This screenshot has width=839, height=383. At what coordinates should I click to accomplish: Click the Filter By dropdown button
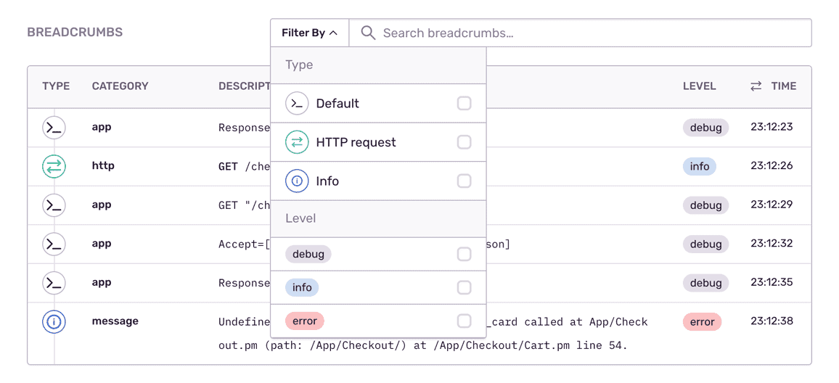point(310,33)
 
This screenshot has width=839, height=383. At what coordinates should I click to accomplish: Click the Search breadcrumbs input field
point(581,33)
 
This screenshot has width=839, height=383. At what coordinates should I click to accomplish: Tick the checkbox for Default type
point(464,103)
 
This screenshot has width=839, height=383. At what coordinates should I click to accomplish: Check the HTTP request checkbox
point(464,142)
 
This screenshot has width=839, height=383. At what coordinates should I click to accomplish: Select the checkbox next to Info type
point(464,181)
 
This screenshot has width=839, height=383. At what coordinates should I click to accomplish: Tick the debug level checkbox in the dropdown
point(464,254)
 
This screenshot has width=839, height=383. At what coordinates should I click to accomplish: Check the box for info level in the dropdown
point(464,288)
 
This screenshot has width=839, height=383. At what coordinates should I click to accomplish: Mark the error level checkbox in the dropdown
point(464,321)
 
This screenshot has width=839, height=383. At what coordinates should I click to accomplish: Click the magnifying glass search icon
point(368,33)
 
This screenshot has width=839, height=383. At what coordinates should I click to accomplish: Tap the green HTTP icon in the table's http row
point(54,167)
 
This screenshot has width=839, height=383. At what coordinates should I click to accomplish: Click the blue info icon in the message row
point(54,322)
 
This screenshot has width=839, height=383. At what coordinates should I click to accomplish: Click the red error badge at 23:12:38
point(702,322)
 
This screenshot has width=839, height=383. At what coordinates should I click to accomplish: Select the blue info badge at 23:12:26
point(700,167)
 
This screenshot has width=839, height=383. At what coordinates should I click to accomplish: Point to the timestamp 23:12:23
point(772,128)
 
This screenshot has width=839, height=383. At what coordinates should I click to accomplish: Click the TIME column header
point(783,86)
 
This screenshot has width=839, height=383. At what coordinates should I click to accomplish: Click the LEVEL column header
point(700,86)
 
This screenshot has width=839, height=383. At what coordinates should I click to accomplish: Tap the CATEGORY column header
point(120,86)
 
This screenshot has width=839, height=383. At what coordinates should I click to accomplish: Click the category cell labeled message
point(115,321)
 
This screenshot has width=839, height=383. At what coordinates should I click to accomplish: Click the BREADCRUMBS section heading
point(75,33)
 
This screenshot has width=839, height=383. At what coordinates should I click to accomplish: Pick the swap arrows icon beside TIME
point(756,86)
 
